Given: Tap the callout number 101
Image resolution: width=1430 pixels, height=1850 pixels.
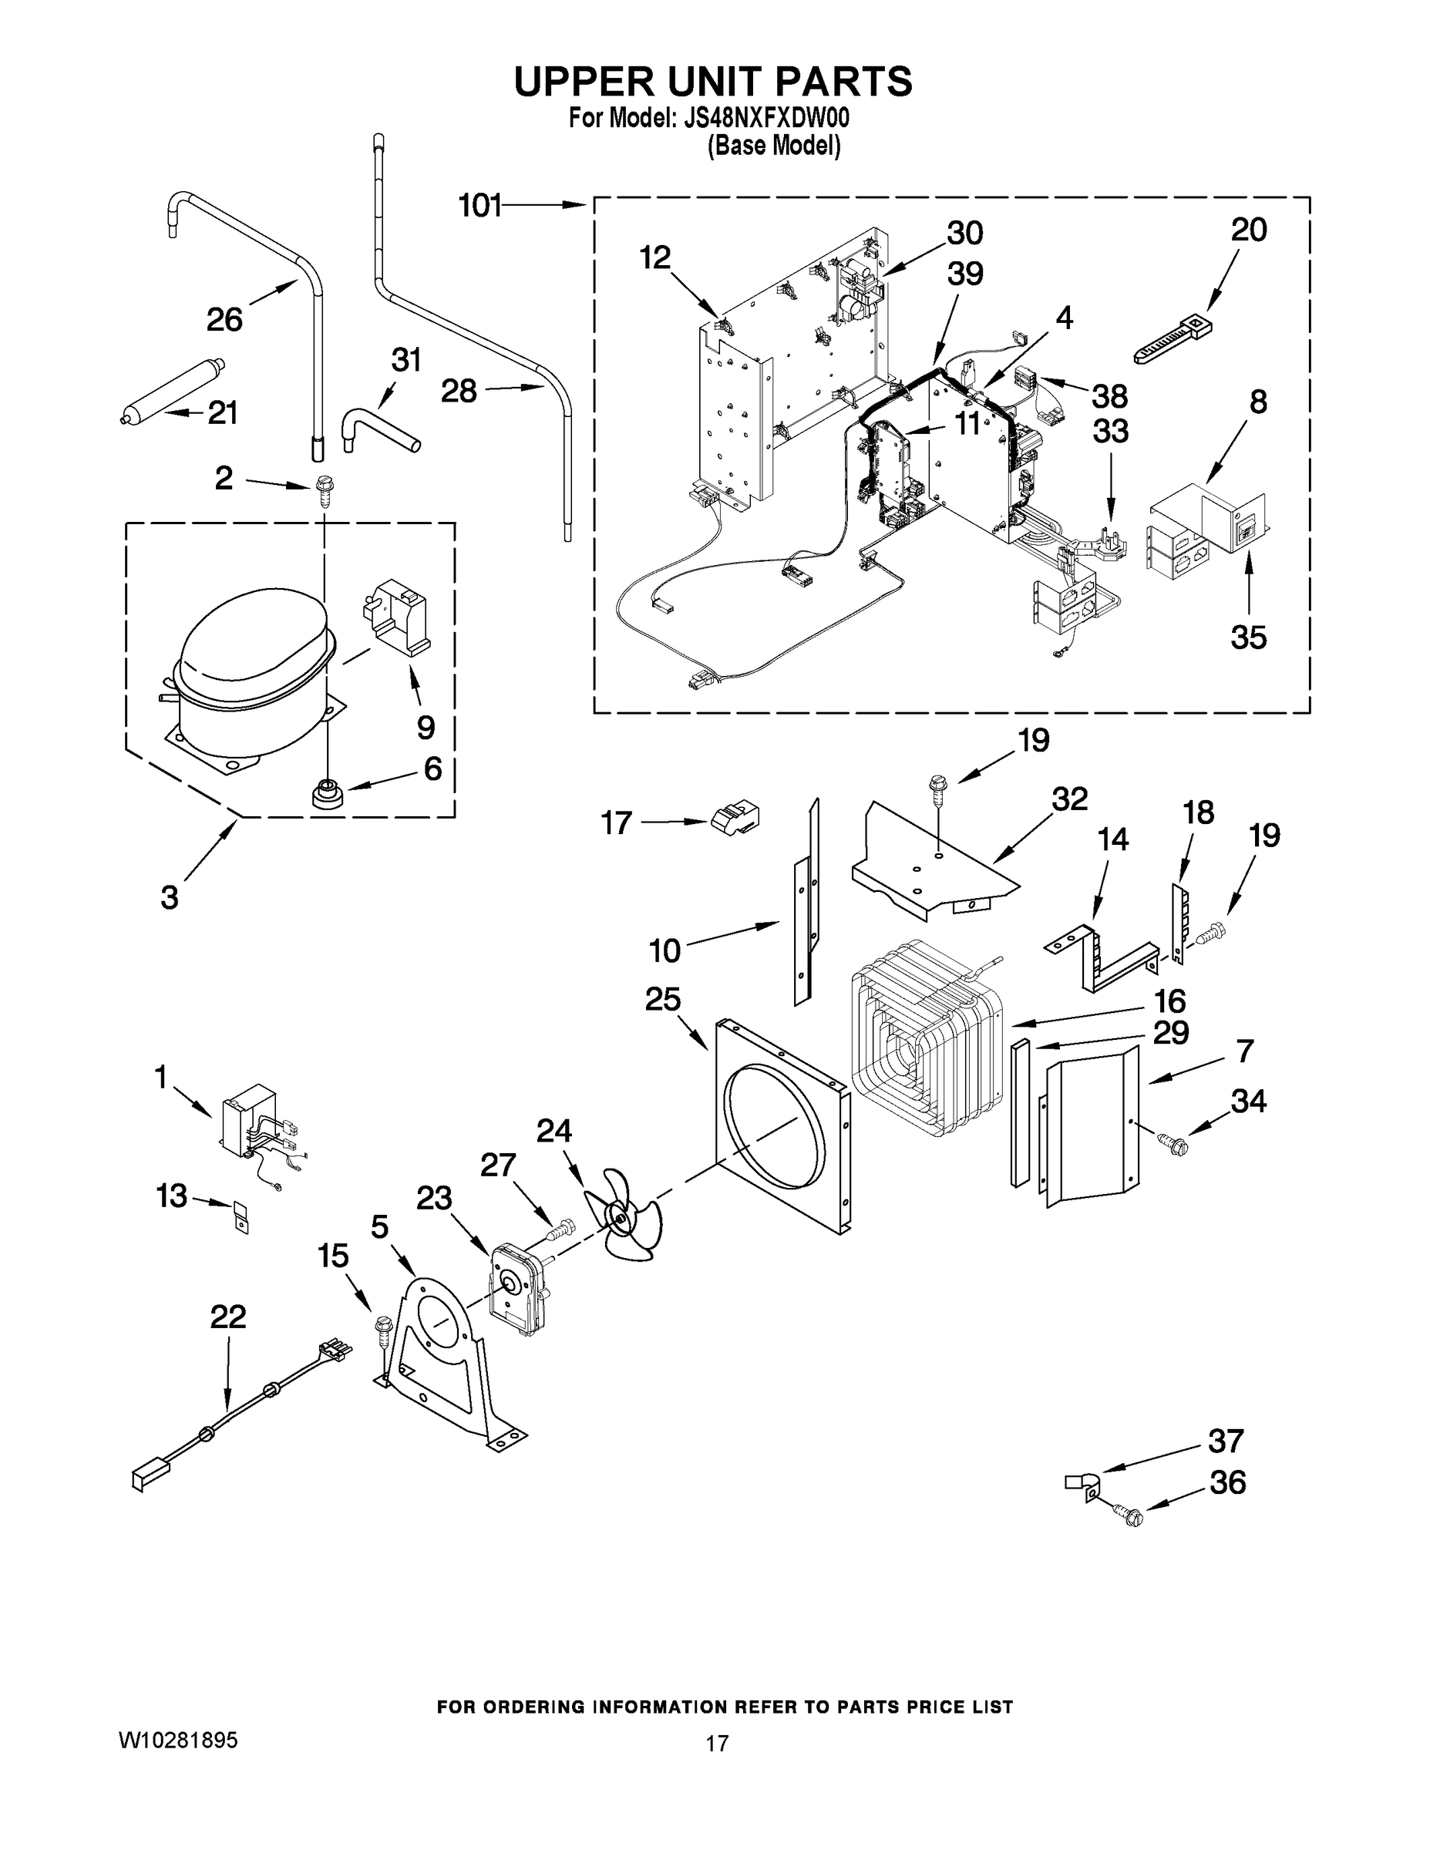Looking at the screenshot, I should pyautogui.click(x=479, y=205).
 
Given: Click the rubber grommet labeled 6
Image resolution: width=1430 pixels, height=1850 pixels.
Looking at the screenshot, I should pyautogui.click(x=325, y=794).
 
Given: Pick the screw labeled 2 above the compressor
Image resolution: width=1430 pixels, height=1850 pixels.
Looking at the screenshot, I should pyautogui.click(x=323, y=489).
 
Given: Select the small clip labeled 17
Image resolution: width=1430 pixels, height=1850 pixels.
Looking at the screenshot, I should pyautogui.click(x=735, y=816).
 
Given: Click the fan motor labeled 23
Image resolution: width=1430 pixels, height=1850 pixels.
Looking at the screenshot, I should pyautogui.click(x=519, y=1291).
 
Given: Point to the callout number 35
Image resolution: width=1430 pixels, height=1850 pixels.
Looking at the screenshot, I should pyautogui.click(x=1248, y=637).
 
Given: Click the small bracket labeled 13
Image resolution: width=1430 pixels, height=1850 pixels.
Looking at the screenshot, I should pyautogui.click(x=241, y=1218).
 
